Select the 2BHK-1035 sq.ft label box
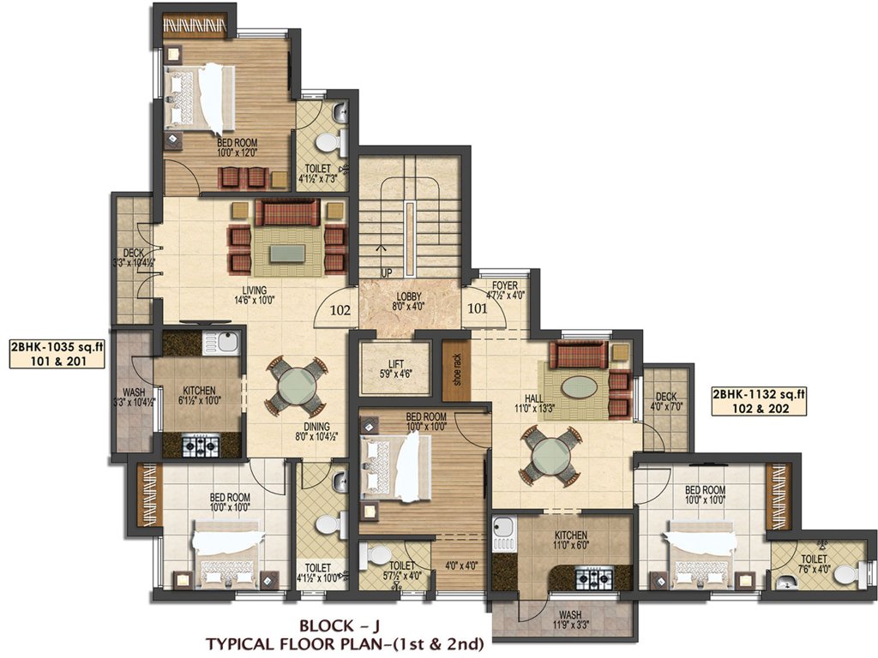click(57, 354)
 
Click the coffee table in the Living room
click(287, 253)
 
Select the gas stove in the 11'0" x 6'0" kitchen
click(592, 578)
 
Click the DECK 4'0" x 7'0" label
click(666, 402)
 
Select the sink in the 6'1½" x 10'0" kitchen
click(224, 344)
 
